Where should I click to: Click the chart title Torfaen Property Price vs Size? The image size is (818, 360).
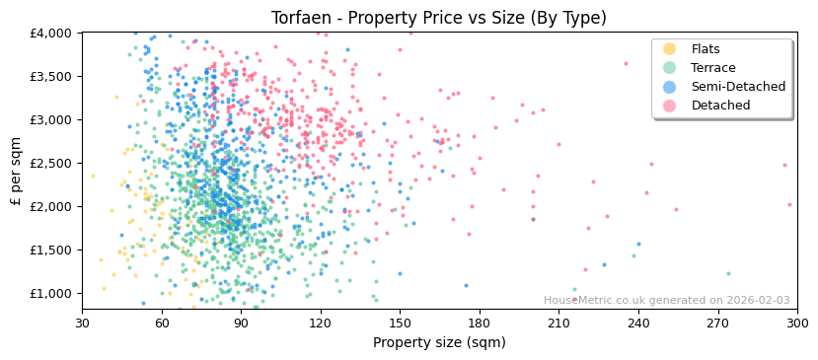pos(439,17)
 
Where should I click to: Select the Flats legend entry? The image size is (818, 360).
pos(706,49)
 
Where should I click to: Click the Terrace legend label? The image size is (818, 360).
pos(713,68)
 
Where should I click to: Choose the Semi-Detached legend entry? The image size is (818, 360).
pos(738,87)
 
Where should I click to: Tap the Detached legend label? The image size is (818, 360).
pos(720,106)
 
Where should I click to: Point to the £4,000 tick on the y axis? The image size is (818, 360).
pos(51,33)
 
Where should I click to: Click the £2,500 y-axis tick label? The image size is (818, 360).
pos(51,163)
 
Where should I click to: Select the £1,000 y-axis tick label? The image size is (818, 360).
pos(51,293)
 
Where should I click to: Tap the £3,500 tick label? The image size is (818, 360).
pos(51,76)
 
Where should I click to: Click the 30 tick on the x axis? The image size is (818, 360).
pos(82,323)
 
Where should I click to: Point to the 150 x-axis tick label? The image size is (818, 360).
pos(400,323)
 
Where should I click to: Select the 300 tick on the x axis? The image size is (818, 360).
pos(796,323)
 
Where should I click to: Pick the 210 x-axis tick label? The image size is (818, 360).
pos(558,323)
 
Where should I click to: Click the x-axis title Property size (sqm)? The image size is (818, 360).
pos(439,342)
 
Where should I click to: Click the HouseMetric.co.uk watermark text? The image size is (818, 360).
pos(666,301)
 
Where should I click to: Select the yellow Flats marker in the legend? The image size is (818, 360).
pos(669,49)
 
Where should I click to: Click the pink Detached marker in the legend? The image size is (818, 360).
pos(669,106)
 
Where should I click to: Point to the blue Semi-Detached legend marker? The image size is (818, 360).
pos(669,87)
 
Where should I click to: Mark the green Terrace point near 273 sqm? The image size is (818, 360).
pos(728,273)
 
